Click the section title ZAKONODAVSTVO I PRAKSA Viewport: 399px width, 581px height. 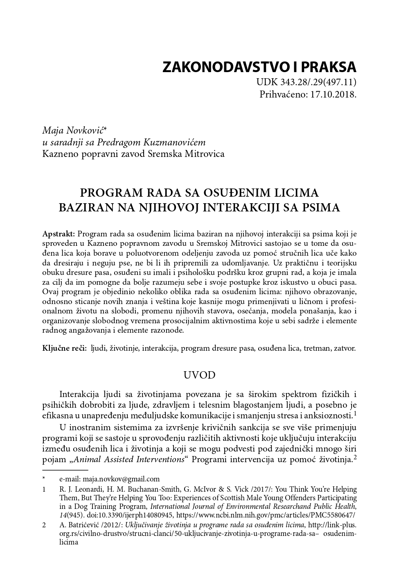pos(259,66)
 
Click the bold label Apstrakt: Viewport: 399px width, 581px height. pos(59,234)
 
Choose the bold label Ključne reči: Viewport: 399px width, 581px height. pos(64,348)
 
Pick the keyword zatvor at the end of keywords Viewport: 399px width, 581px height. pos(345,348)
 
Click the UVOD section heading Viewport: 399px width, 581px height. pos(199,375)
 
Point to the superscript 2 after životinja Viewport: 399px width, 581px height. pos(355,457)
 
